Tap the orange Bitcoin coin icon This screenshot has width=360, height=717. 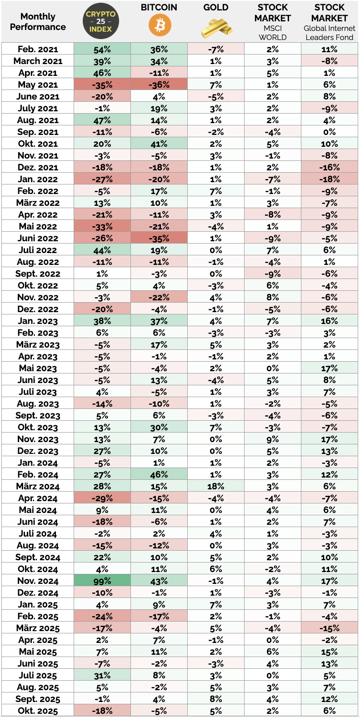pos(160,25)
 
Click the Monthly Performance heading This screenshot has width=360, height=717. pos(38,22)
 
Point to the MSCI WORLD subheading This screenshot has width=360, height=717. pos(273,33)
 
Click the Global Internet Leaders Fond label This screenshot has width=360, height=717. pos(330,33)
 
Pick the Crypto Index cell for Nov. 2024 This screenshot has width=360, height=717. pos(102,581)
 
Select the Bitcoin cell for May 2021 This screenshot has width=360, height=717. pos(159,85)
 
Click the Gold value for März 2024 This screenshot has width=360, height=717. pos(216,487)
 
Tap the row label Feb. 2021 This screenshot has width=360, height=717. pos(38,49)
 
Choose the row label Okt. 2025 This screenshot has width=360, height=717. pos(38,711)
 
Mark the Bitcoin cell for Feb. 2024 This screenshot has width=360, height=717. pos(159,475)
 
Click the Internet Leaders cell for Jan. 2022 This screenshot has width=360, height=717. pos(330,179)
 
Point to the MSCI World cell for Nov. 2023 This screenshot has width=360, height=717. pos(273,439)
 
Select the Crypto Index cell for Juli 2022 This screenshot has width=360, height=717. pos(102,250)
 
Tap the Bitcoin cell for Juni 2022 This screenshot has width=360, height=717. pos(159,238)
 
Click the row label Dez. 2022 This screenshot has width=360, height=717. pos(38,309)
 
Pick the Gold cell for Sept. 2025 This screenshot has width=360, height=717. pos(216,699)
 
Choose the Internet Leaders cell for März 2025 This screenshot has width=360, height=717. pos(330,628)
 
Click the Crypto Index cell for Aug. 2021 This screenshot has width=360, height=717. pos(102,120)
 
